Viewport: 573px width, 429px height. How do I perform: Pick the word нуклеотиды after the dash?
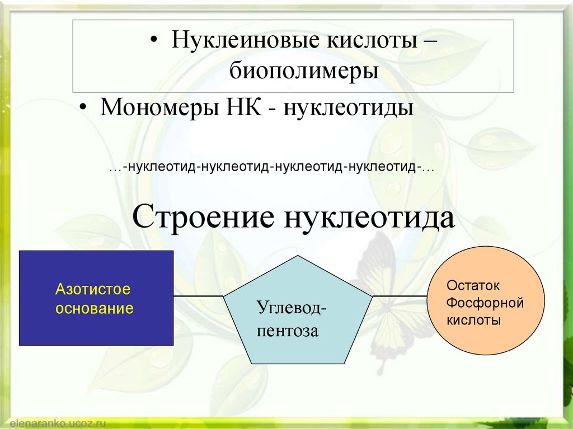point(349,106)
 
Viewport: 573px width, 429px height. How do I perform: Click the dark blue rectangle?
point(96,330)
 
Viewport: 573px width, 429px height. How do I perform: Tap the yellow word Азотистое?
point(92,290)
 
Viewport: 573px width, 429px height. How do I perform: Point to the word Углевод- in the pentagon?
point(293,307)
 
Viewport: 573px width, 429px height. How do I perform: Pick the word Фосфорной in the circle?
point(485,303)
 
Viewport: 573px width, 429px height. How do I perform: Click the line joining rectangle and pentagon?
point(199,295)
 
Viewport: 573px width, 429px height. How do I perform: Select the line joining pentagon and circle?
point(399,295)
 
